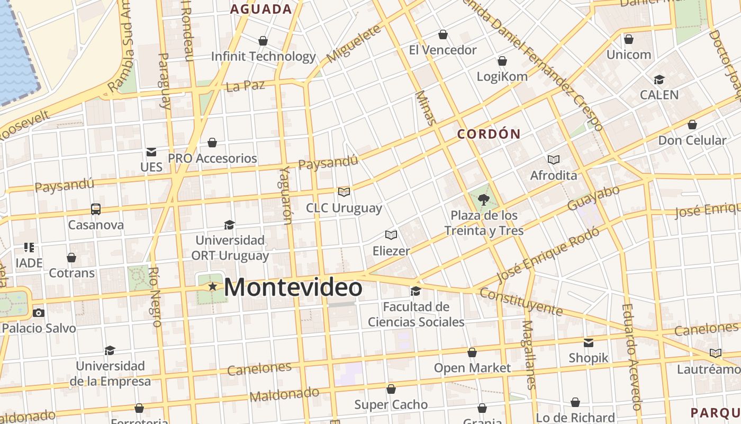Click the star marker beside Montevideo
click(x=213, y=287)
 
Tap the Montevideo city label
click(x=293, y=288)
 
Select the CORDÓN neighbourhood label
click(x=489, y=134)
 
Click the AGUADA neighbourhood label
click(x=261, y=9)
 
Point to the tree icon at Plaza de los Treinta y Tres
click(x=483, y=200)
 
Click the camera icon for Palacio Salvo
click(x=39, y=313)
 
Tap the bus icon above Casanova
click(x=96, y=209)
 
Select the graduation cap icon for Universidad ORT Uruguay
click(x=229, y=225)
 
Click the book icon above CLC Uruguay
click(x=344, y=192)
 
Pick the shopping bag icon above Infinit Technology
click(x=263, y=41)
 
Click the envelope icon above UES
click(x=151, y=152)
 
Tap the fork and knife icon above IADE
click(x=29, y=248)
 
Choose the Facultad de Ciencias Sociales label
click(x=416, y=314)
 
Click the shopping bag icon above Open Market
click(x=472, y=352)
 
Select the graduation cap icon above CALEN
click(x=659, y=79)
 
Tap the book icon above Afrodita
click(x=554, y=160)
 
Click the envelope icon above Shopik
click(x=589, y=342)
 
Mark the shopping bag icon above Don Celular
click(x=692, y=125)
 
